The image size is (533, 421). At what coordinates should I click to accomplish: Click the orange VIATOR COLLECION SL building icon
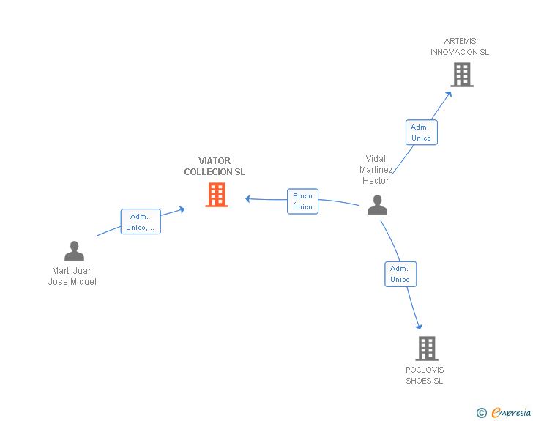click(217, 195)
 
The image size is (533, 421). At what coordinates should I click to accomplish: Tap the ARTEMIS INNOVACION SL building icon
click(461, 75)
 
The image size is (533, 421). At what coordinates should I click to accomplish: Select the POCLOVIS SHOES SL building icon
click(426, 349)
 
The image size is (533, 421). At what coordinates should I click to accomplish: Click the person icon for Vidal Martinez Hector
click(377, 205)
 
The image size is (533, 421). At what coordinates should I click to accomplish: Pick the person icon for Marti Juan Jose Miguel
click(74, 251)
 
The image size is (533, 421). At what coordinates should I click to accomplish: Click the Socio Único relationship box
click(302, 201)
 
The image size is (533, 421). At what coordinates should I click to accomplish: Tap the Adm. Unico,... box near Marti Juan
click(140, 222)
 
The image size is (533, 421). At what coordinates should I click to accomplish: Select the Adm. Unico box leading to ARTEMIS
click(421, 133)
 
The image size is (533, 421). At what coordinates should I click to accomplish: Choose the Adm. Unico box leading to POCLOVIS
click(400, 274)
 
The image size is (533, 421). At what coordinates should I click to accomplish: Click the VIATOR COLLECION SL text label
click(215, 166)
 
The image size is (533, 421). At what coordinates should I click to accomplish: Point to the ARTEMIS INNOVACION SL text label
click(460, 47)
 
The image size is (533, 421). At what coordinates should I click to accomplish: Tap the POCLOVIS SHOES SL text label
click(425, 375)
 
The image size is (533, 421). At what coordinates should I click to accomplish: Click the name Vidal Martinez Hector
click(376, 170)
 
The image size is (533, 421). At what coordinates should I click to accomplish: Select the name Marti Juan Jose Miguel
click(72, 276)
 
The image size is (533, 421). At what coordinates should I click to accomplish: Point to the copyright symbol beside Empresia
click(481, 413)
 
